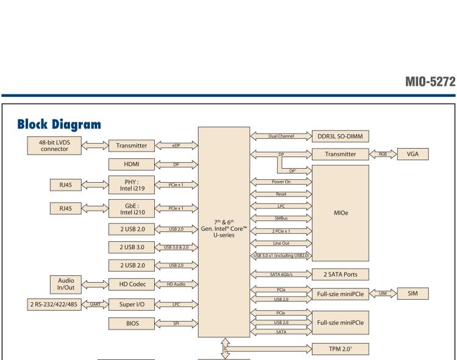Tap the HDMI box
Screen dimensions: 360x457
tap(131, 164)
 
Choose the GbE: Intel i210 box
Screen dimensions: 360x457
tap(131, 209)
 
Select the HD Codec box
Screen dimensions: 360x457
tap(131, 283)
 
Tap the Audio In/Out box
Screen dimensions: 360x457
tap(65, 283)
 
